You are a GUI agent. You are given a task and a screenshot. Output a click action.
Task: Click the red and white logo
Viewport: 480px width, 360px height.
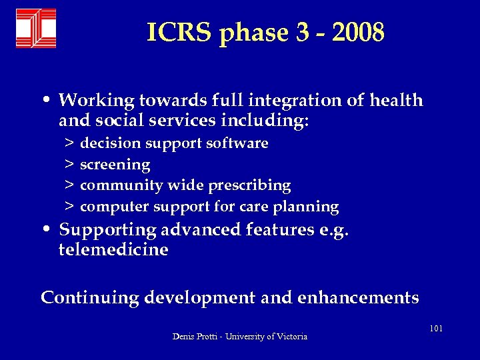coord(36,28)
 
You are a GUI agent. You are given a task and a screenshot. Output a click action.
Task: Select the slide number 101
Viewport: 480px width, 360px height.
coord(437,329)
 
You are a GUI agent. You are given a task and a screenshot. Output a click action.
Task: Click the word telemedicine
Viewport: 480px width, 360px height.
coord(114,250)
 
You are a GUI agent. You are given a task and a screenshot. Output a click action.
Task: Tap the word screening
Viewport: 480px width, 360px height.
coord(115,164)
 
